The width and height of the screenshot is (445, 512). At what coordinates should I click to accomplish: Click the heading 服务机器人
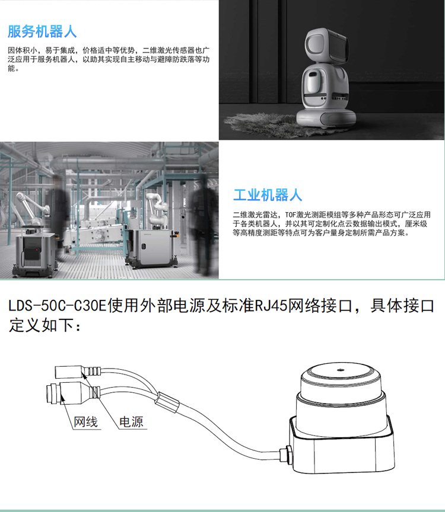pos(42,31)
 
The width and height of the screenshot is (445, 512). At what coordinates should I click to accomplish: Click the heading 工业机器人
pos(268,195)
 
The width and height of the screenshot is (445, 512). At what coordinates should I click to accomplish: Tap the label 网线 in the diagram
pos(85,422)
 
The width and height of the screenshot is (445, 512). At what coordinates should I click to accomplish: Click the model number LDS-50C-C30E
pos(58,306)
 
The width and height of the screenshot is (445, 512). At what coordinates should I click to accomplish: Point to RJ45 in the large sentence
pos(271,306)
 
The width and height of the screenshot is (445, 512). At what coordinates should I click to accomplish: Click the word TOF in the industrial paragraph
pos(290,215)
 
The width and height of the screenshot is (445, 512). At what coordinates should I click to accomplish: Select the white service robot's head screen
pos(337,46)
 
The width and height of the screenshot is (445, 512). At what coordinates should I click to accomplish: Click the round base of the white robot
pos(326,117)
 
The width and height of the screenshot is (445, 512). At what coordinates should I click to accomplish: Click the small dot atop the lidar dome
pos(341,370)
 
